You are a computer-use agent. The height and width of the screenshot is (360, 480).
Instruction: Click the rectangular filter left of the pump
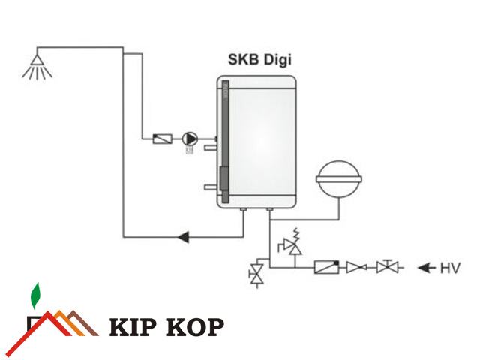pyautogui.click(x=161, y=139)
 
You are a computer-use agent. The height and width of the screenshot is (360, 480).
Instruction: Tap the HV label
pyautogui.click(x=449, y=267)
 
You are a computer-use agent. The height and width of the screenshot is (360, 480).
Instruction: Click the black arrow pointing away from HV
pyautogui.click(x=425, y=267)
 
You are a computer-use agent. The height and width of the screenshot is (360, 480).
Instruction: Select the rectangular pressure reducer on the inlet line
pyautogui.click(x=327, y=266)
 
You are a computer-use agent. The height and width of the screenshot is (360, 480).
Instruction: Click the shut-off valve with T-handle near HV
pyautogui.click(x=387, y=266)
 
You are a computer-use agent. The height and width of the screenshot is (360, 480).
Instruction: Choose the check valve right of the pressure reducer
pyautogui.click(x=355, y=267)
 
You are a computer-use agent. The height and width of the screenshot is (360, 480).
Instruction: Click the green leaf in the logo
pyautogui.click(x=34, y=296)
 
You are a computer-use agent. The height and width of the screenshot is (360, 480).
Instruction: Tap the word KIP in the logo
pyautogui.click(x=133, y=327)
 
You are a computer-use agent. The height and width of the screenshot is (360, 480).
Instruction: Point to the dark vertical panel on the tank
pyautogui.click(x=223, y=142)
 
